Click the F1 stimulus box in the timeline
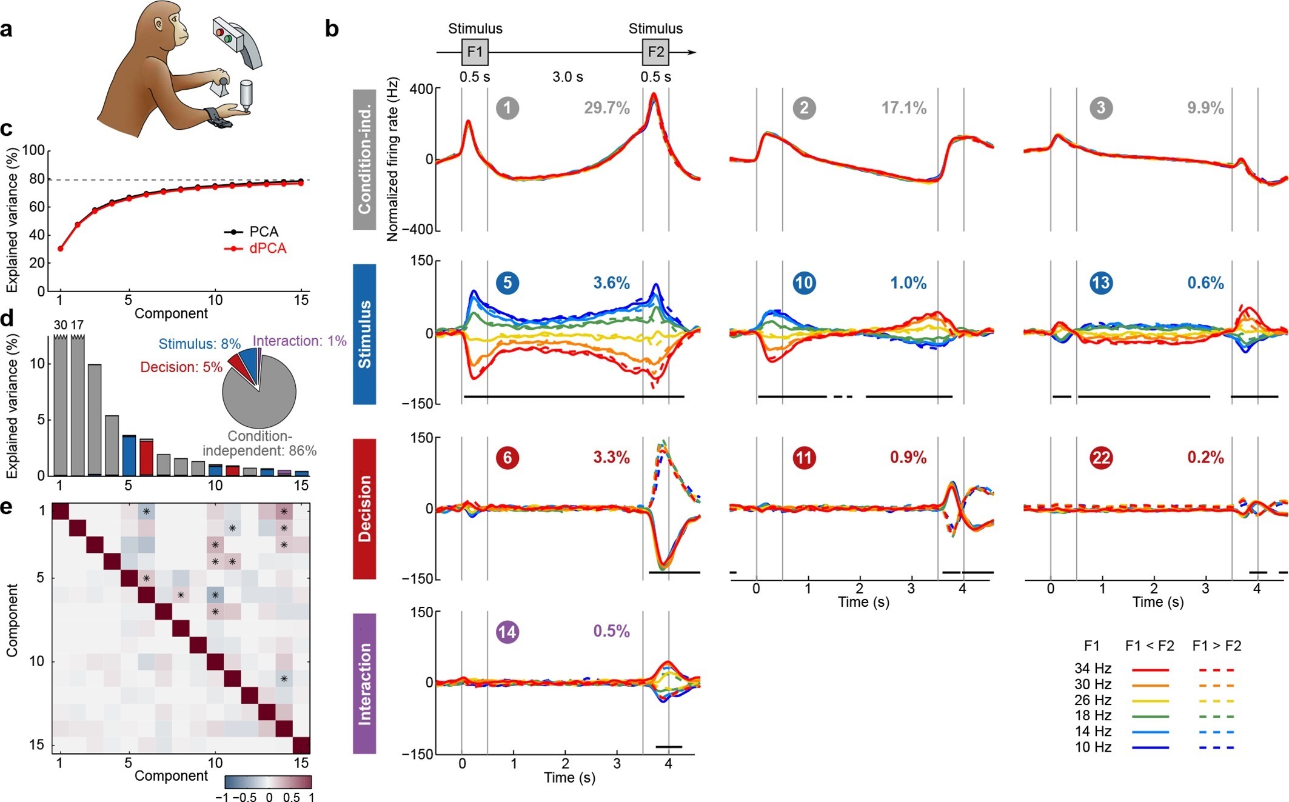point(475,52)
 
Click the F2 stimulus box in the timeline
point(655,52)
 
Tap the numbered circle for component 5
point(507,282)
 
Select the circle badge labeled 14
point(507,632)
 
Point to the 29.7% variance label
point(606,109)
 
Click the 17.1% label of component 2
point(903,109)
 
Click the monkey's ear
point(159,25)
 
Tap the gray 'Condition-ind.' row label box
point(364,160)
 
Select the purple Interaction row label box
point(364,684)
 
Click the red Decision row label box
point(364,509)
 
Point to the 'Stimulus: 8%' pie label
point(199,344)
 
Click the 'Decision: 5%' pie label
point(181,367)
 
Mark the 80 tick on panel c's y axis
point(37,179)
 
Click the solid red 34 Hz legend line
point(1150,670)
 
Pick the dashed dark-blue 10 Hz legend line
point(1216,748)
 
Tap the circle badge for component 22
point(1100,457)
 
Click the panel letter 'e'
point(7,507)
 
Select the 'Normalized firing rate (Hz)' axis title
point(392,159)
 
